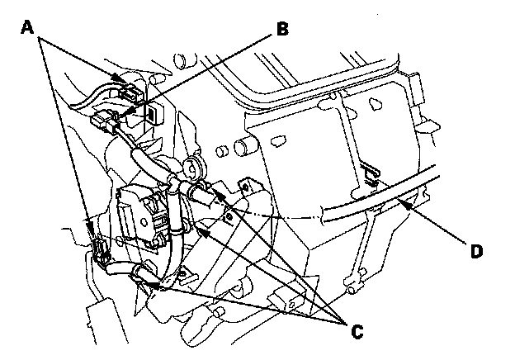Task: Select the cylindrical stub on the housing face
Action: point(243,146)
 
